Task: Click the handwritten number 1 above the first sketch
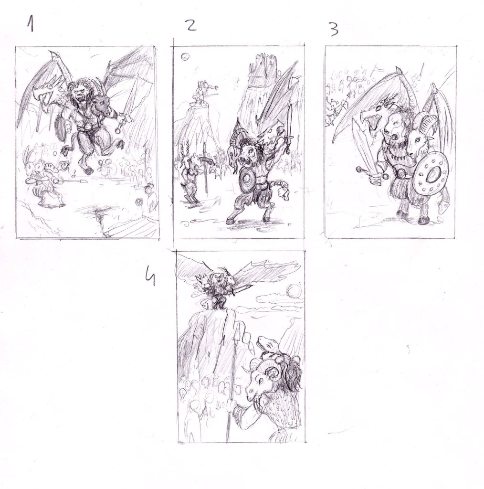pos(31,24)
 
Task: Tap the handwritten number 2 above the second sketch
pos(191,24)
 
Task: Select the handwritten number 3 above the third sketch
pos(334,29)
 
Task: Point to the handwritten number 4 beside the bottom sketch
pos(151,277)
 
